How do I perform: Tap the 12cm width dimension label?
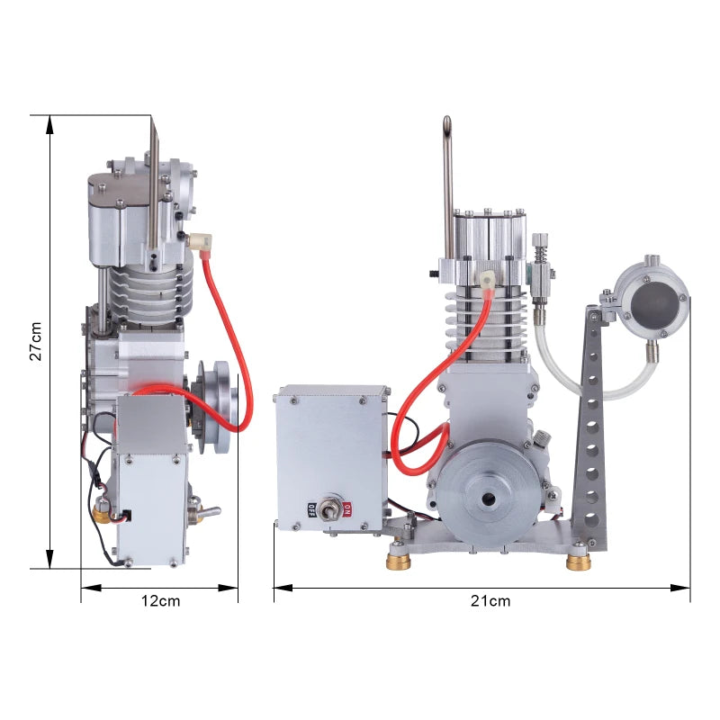(161, 601)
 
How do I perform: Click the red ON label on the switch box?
(347, 509)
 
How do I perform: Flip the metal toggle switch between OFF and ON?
(331, 509)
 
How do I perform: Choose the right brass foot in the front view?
(579, 562)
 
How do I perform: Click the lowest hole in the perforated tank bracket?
(592, 518)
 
